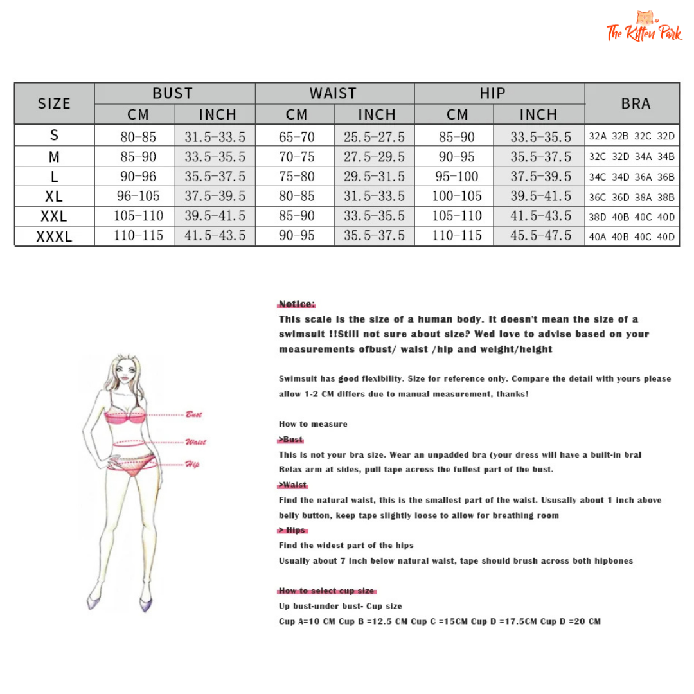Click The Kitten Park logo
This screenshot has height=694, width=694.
(x=644, y=27)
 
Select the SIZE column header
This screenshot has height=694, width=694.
(x=55, y=103)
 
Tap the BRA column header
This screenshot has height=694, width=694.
(x=635, y=103)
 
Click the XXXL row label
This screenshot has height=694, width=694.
(x=55, y=236)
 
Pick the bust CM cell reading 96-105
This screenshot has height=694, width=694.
(x=138, y=196)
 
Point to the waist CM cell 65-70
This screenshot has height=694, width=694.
(x=297, y=136)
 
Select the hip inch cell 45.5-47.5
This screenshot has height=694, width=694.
(x=540, y=236)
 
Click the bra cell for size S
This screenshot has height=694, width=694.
(x=632, y=136)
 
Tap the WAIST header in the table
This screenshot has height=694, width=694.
(x=333, y=93)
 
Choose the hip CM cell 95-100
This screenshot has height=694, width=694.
(x=457, y=176)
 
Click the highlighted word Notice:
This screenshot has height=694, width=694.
(x=298, y=304)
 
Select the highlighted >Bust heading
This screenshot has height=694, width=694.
(x=291, y=440)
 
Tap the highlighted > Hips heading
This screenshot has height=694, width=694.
(x=292, y=530)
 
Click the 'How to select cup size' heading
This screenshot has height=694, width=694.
(x=327, y=591)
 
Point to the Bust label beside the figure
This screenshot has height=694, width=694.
(x=193, y=414)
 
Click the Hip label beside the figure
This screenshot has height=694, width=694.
(x=192, y=464)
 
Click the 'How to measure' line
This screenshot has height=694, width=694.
(x=313, y=424)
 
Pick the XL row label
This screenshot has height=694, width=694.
(x=55, y=196)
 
